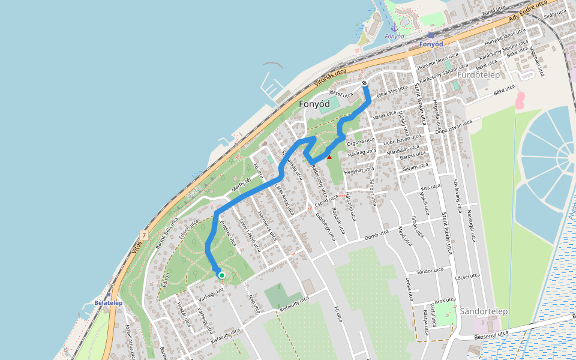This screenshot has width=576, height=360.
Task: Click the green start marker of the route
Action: pyautogui.click(x=221, y=275)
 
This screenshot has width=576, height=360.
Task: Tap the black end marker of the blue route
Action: pyautogui.click(x=365, y=83)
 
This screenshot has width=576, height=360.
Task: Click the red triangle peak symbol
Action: pyautogui.click(x=329, y=157)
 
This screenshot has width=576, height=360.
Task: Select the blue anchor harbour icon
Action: pyautogui.click(x=394, y=27)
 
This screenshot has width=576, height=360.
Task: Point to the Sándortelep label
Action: pyautogui.click(x=484, y=311)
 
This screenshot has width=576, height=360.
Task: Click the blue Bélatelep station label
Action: pyautogui.click(x=108, y=303)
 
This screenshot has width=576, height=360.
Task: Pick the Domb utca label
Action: pyautogui.click(x=377, y=234)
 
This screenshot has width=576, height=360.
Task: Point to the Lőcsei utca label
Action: pyautogui.click(x=467, y=276)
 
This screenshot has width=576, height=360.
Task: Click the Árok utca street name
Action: pyautogui.click(x=445, y=299)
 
